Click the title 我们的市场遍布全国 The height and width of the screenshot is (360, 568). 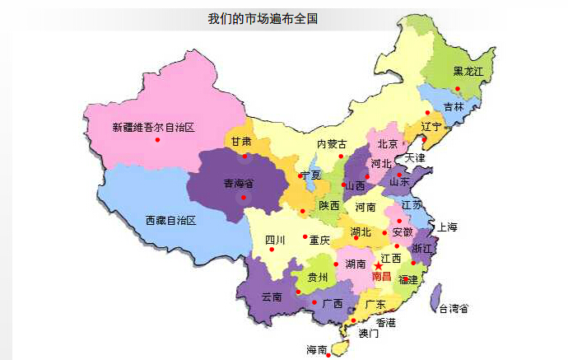(x=263, y=17)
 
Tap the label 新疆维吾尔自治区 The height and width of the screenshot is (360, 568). (x=153, y=127)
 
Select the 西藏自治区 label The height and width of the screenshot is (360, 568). (x=170, y=221)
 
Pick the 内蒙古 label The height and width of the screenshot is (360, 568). (x=332, y=144)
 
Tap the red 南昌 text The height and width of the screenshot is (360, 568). (x=382, y=278)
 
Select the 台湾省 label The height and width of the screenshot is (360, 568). (x=454, y=309)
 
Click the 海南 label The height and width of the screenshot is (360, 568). (x=316, y=349)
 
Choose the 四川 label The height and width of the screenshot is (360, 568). (x=274, y=241)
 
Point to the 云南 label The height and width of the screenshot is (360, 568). (x=272, y=297)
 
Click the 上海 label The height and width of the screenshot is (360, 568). (x=447, y=227)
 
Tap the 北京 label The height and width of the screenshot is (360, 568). (x=387, y=144)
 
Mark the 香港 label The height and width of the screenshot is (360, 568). (x=386, y=322)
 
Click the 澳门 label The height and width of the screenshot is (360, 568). (x=368, y=334)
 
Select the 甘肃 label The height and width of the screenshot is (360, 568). (x=241, y=141)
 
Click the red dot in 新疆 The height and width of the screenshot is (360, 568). (x=157, y=139)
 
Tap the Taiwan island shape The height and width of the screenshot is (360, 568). (x=435, y=297)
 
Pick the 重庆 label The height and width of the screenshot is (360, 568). (x=319, y=241)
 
